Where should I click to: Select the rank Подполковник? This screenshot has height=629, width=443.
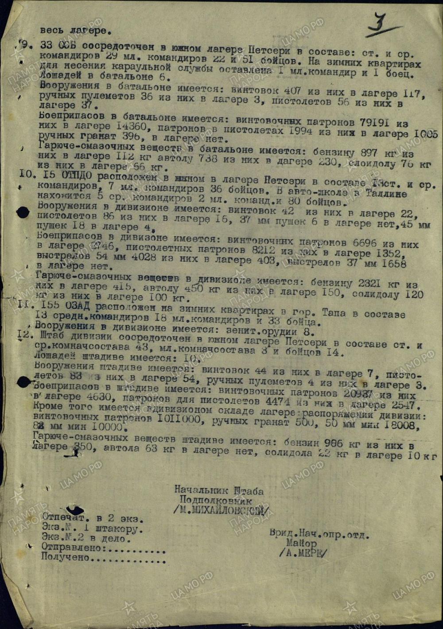tap(215, 501)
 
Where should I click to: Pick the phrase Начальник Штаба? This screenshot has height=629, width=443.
tap(219, 490)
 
